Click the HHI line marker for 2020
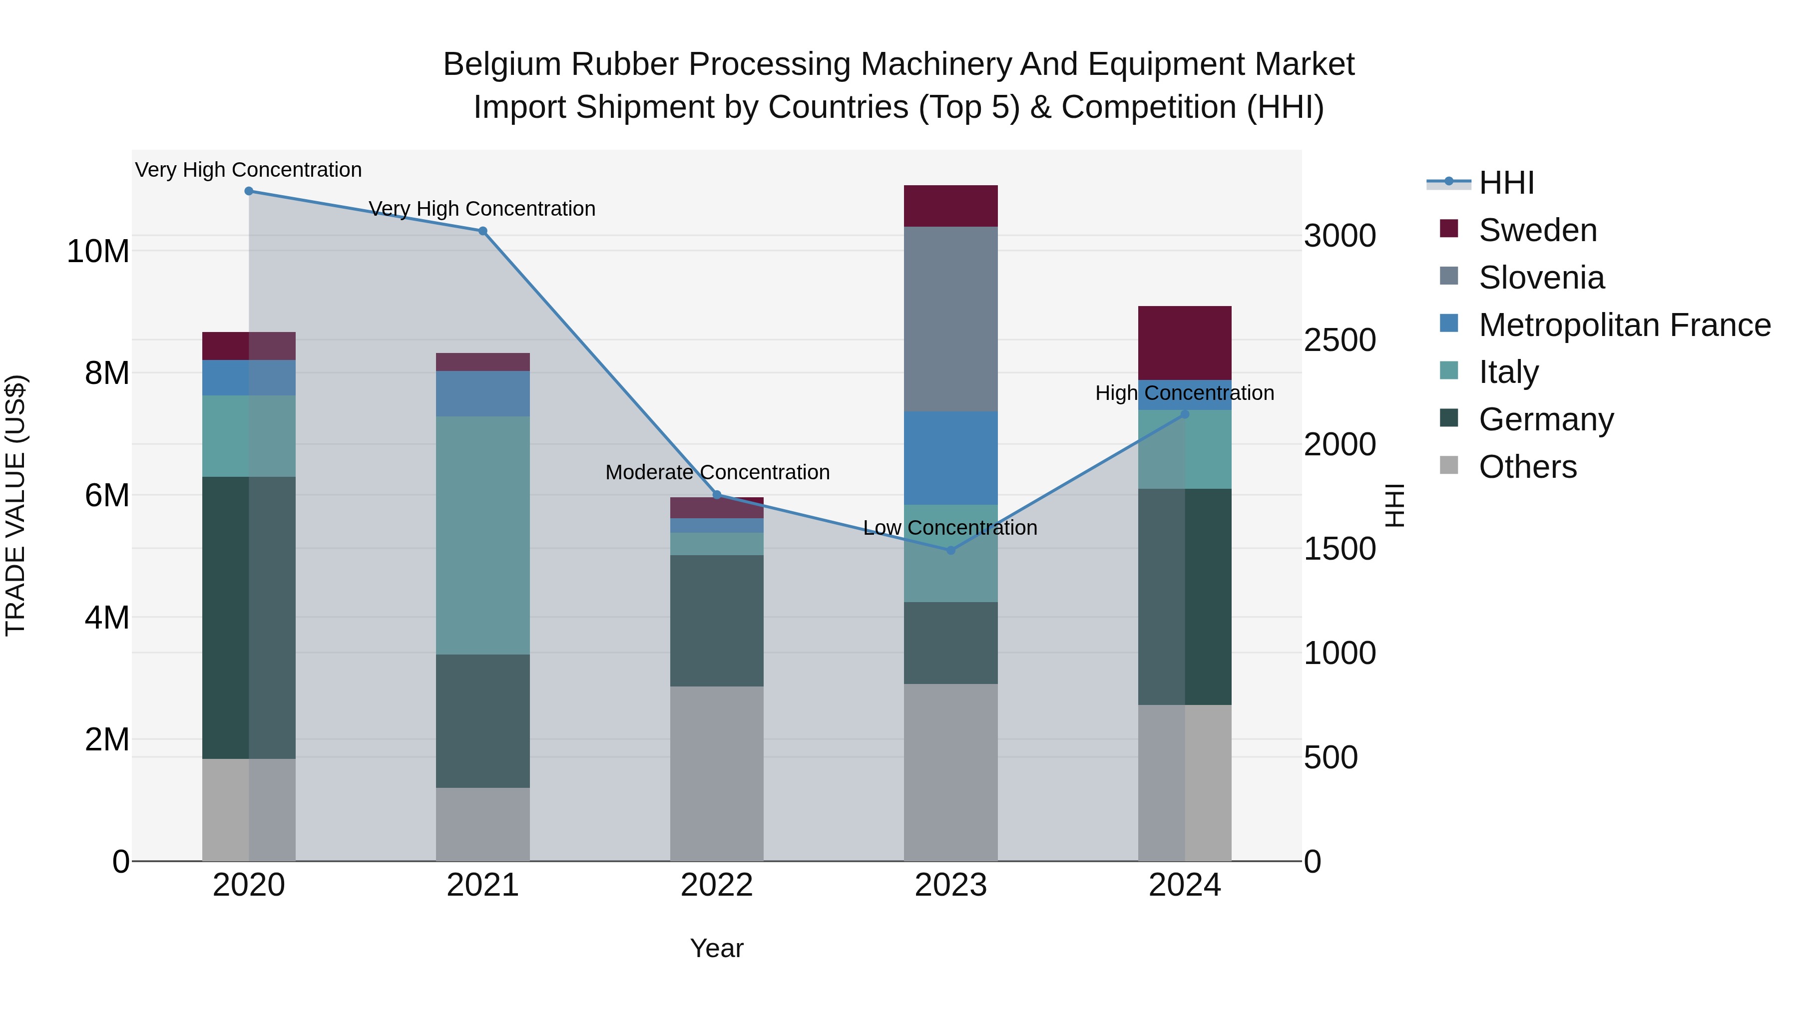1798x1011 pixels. (x=249, y=191)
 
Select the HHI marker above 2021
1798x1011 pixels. (x=482, y=231)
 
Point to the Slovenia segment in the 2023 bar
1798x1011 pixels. (x=950, y=319)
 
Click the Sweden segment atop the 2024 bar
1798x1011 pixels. (x=1185, y=342)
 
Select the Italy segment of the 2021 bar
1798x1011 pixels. (x=482, y=535)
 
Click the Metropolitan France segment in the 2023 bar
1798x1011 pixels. (x=950, y=458)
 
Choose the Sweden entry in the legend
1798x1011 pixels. (x=1538, y=230)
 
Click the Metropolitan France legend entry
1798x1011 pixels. (x=1624, y=325)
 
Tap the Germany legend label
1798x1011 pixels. (x=1546, y=419)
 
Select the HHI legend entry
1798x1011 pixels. (x=1506, y=183)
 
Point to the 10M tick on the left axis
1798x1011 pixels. (x=98, y=251)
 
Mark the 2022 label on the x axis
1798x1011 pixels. (x=717, y=885)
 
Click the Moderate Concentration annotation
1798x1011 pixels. (x=717, y=472)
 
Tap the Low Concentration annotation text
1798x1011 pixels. (x=950, y=528)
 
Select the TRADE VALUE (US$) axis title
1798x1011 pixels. (x=15, y=505)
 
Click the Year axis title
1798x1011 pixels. (x=717, y=948)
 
